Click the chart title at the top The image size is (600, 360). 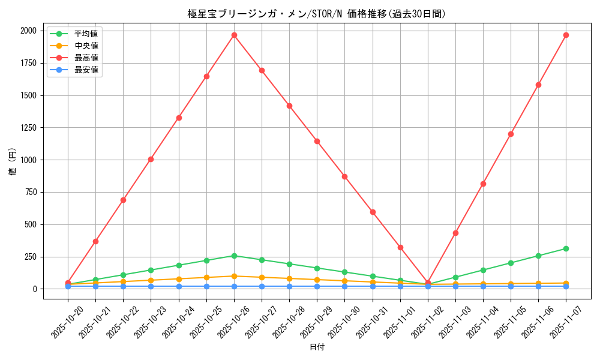point(316,14)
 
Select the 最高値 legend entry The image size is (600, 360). point(86,58)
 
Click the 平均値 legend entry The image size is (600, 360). point(86,34)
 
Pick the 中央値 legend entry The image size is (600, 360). point(86,46)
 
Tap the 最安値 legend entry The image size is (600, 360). point(86,70)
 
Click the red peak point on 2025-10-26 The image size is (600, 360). point(234,35)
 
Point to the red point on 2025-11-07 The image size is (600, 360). point(566,35)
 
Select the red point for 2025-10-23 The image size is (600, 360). point(151,159)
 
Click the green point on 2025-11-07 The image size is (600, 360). point(566,248)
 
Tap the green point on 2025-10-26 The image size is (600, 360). point(234,256)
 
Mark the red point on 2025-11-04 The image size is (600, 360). point(483,184)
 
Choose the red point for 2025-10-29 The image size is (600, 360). point(317,141)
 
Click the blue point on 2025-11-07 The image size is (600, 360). point(566,286)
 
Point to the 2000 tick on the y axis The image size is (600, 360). point(28,31)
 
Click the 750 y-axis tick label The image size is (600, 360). point(31,192)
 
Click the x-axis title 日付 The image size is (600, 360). point(317,347)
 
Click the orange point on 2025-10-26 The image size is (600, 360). point(234,276)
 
